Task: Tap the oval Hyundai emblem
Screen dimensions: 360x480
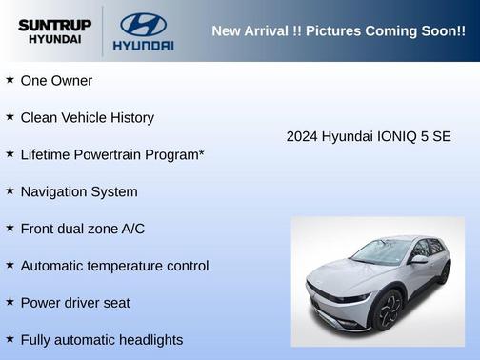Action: [143, 24]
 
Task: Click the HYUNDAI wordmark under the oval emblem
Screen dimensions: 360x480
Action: [143, 45]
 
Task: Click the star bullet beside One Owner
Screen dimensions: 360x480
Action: [10, 80]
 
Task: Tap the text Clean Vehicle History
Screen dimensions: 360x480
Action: [87, 118]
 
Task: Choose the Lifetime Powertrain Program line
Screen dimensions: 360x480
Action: [112, 154]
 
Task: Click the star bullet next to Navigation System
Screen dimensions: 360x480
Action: [10, 190]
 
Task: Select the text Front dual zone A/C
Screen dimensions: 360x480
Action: [82, 229]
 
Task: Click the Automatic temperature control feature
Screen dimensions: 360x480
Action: [114, 266]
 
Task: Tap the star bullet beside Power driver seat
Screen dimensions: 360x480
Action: [10, 302]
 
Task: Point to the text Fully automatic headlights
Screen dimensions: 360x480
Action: [101, 340]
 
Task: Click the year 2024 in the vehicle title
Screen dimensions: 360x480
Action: [302, 136]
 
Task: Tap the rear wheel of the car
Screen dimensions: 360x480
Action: [444, 273]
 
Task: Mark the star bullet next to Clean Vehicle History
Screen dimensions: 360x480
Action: [10, 117]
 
